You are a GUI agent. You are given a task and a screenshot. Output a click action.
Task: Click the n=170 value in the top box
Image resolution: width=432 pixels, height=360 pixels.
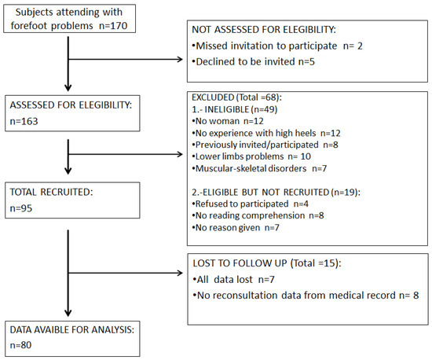click(113, 26)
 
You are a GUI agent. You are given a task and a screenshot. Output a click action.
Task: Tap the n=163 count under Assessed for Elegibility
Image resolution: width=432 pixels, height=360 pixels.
click(24, 121)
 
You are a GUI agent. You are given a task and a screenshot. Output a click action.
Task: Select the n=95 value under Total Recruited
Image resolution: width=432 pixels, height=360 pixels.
click(21, 208)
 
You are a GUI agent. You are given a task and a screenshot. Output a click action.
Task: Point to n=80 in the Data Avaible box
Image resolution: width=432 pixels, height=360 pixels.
click(20, 345)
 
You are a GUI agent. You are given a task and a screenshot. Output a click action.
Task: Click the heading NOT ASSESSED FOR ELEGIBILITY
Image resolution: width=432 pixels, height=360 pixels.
click(264, 30)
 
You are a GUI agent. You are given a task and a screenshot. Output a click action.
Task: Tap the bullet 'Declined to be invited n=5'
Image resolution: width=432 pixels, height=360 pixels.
click(253, 61)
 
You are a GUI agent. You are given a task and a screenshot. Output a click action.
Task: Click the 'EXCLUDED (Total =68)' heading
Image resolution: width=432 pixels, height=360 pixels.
click(236, 97)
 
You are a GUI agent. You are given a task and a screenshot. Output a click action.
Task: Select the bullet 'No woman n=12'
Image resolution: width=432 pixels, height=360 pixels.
click(228, 121)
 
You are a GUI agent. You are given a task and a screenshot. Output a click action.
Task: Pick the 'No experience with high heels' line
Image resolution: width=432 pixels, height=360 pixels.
click(266, 133)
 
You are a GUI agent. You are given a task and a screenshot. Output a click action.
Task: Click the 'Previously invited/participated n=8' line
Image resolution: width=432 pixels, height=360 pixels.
click(265, 145)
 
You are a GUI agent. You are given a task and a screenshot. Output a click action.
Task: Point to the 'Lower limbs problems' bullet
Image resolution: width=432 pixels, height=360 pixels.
click(251, 156)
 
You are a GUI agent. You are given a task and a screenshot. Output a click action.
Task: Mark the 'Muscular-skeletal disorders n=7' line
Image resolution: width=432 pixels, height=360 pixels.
click(259, 168)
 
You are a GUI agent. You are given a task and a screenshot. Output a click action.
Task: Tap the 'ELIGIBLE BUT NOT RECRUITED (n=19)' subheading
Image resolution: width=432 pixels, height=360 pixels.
click(276, 192)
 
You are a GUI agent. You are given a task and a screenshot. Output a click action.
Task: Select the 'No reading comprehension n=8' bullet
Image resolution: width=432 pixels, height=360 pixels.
click(258, 215)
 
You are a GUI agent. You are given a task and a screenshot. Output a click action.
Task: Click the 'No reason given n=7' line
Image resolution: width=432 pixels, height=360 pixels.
click(236, 227)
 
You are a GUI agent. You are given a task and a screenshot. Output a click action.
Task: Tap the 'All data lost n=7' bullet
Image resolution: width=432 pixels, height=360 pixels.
click(234, 280)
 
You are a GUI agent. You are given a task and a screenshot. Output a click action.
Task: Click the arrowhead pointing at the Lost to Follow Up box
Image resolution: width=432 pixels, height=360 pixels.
click(180, 274)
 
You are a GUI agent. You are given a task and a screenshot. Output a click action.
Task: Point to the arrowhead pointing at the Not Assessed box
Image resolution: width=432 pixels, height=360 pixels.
click(180, 59)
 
